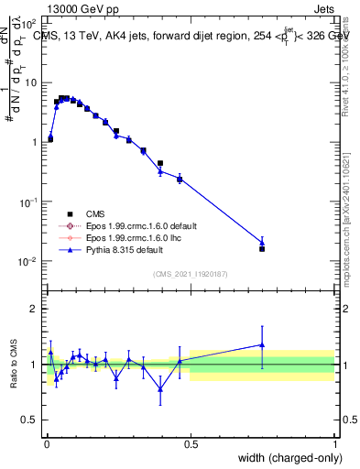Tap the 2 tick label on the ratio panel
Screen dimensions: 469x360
(x=34, y=309)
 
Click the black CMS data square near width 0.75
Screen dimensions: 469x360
(x=262, y=248)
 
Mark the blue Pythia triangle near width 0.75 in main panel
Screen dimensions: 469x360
(x=262, y=242)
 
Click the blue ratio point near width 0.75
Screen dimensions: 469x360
(x=262, y=345)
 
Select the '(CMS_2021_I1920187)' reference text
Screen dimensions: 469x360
(x=190, y=274)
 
